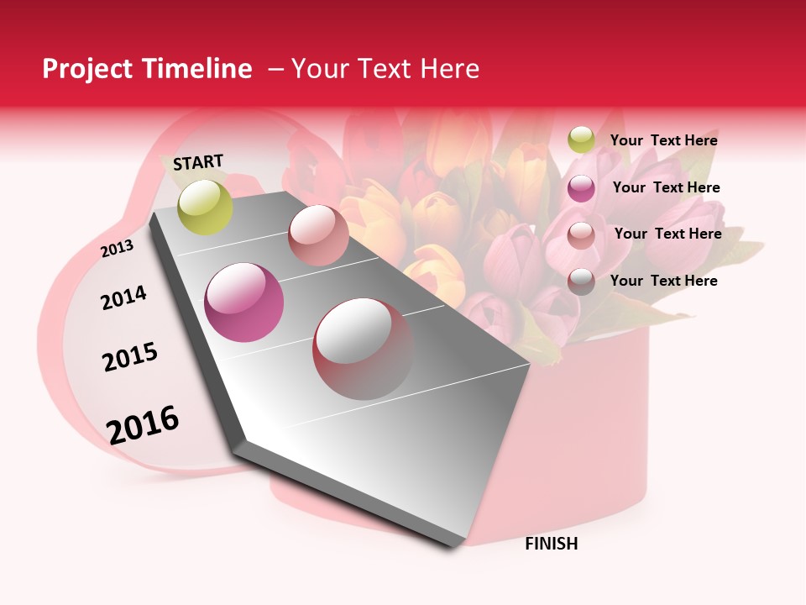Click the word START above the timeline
[198, 162]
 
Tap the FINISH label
[552, 544]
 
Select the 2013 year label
[117, 249]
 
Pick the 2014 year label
[123, 297]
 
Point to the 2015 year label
[130, 357]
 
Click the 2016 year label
[143, 424]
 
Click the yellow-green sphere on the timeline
[206, 207]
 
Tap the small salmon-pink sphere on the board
[318, 235]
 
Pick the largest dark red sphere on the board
[363, 348]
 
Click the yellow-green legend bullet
[581, 139]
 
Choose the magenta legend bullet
[581, 188]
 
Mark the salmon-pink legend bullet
[581, 235]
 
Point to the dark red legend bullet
[581, 281]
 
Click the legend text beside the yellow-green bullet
[663, 140]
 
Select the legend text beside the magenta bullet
[666, 187]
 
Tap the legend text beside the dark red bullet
[663, 281]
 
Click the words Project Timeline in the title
[147, 69]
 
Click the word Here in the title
[449, 69]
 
